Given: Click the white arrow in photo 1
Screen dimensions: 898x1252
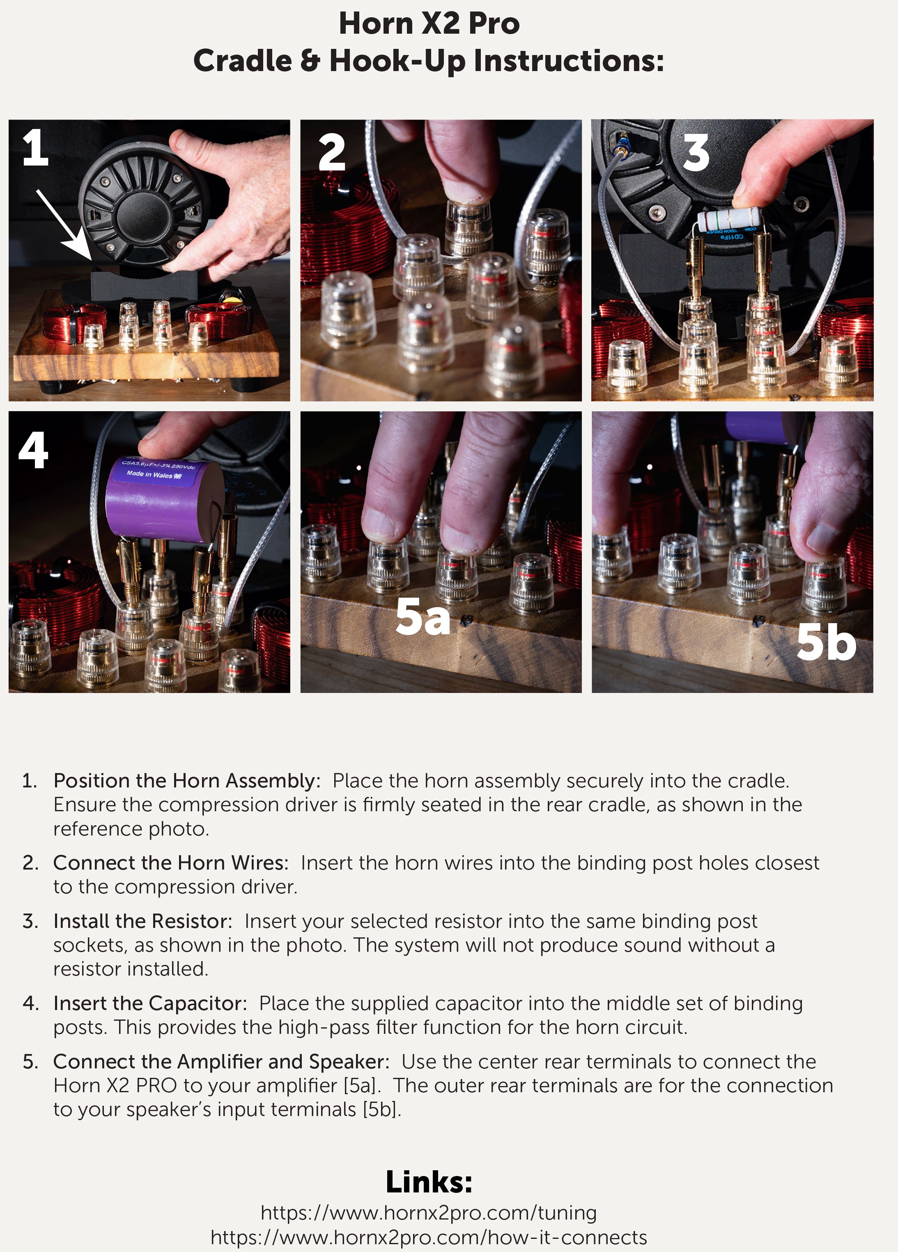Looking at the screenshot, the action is coord(64,225).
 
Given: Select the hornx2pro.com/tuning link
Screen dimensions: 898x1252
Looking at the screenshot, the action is coord(429,1213).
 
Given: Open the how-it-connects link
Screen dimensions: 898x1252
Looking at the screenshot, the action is coord(429,1237).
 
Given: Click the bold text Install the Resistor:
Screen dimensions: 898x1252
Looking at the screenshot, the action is coord(143,921).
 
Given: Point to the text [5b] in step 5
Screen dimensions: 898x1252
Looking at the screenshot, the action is coord(382,1109).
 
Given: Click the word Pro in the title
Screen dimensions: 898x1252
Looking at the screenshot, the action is coord(494,24).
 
